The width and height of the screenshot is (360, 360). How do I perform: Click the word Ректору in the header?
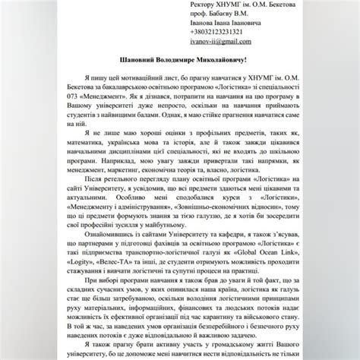[210, 5]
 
